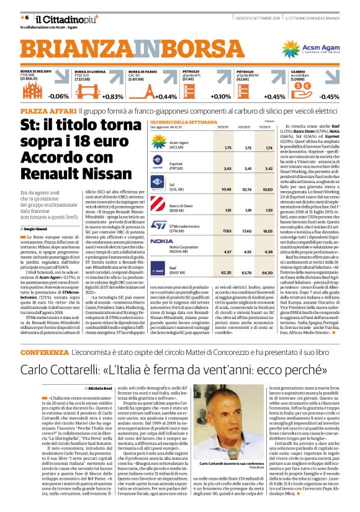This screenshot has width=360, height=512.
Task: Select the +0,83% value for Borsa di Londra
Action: pyautogui.click(x=114, y=97)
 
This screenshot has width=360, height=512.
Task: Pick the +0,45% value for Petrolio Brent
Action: pyautogui.click(x=275, y=97)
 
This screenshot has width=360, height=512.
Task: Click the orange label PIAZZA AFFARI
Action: pyautogui.click(x=41, y=109)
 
